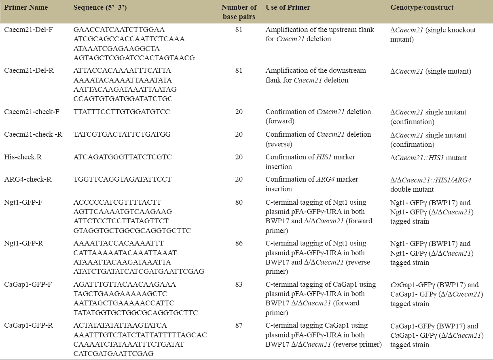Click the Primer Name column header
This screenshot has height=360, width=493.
pyautogui.click(x=26, y=8)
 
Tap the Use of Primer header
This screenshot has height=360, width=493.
pyautogui.click(x=286, y=8)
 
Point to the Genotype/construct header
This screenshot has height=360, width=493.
pyautogui.click(x=422, y=8)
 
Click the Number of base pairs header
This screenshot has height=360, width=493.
pyautogui.click(x=239, y=12)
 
